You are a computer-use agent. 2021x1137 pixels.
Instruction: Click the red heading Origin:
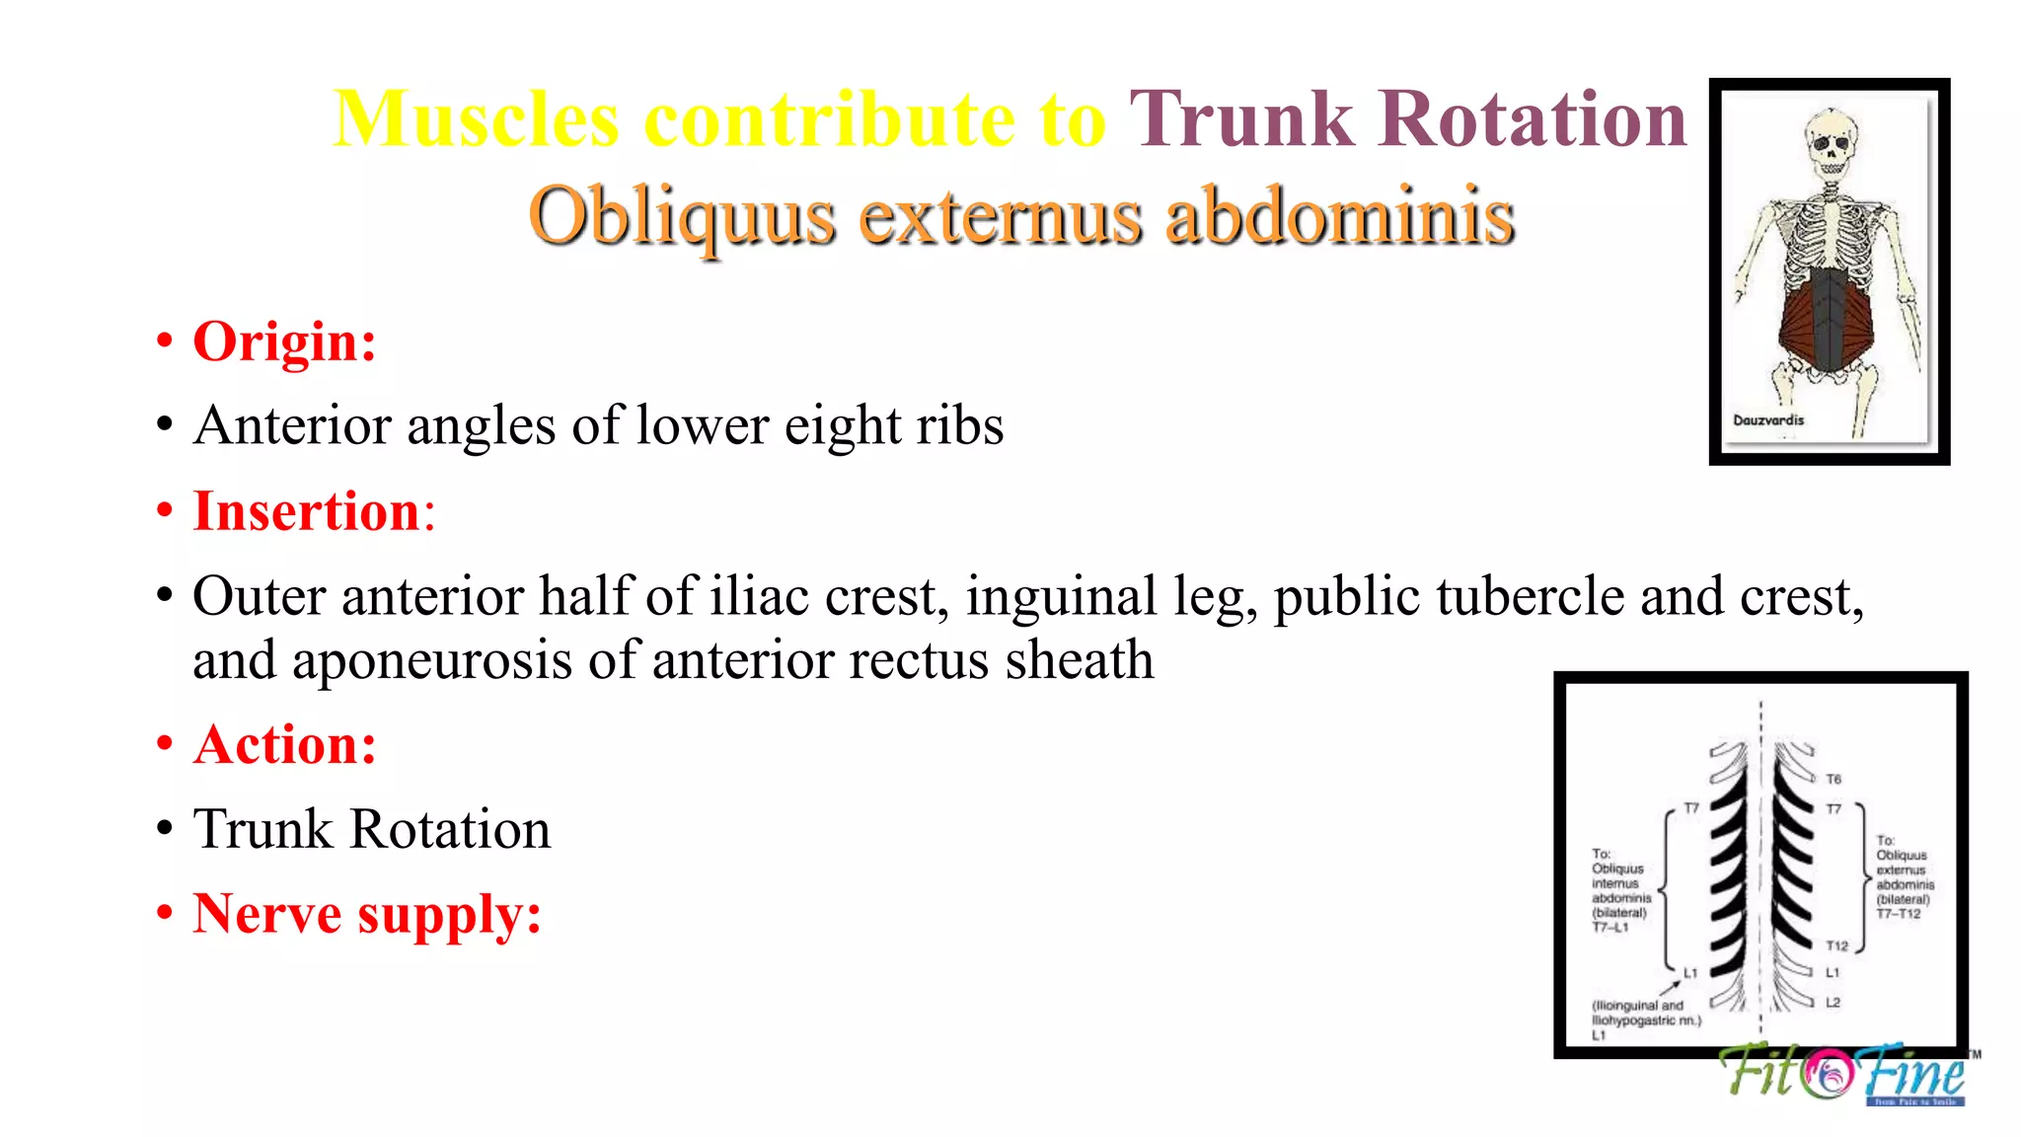284,342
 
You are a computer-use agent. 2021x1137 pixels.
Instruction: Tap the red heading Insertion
307,512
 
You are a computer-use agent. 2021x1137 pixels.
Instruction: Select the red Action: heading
284,745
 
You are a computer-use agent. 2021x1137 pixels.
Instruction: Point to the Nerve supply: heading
367,914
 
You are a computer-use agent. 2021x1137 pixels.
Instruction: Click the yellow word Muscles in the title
476,119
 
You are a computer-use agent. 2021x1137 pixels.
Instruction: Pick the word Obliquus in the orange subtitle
681,216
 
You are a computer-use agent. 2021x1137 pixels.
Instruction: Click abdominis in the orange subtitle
1339,216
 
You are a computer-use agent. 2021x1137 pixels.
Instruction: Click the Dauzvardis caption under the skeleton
1768,420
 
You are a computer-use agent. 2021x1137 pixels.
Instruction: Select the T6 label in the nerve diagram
1834,780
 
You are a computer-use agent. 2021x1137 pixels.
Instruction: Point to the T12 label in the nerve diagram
1836,947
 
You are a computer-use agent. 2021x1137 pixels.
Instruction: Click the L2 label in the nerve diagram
1833,1003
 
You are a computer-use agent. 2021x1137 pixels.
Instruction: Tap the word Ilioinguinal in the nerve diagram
1623,1006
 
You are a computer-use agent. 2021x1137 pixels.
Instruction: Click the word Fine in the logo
1914,1073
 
